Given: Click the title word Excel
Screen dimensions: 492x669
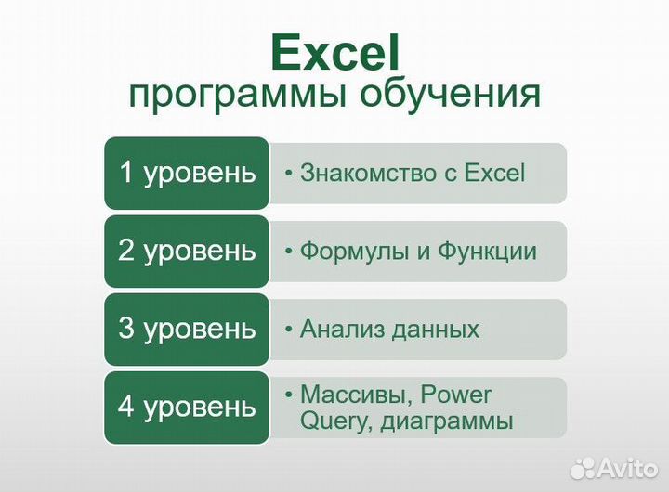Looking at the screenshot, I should coord(334,53).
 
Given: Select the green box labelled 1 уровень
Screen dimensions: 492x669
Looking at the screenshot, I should coord(187,173).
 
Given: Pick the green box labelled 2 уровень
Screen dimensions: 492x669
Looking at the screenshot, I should coord(187,251).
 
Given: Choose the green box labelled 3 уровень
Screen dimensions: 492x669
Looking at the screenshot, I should coord(187,329).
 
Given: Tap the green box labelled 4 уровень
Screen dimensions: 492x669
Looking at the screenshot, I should coord(187,407).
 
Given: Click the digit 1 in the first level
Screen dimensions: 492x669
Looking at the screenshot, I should coord(128,172).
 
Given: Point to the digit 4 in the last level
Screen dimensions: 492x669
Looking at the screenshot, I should coord(127,406).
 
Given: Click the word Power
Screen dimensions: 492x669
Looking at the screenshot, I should coord(456,395).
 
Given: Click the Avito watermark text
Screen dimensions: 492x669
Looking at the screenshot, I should coord(626,466).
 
